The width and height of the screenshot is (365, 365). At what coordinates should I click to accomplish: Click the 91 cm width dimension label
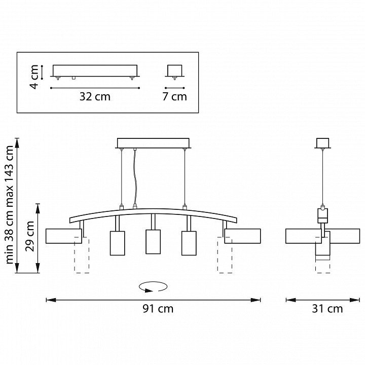(x=158, y=309)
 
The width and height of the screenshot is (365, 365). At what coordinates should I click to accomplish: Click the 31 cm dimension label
(x=327, y=309)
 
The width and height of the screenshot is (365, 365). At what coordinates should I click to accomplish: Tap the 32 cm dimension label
(x=95, y=97)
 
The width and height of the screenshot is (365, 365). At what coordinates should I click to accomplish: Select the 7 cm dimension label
(x=174, y=97)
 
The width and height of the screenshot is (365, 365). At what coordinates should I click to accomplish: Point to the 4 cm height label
(x=34, y=77)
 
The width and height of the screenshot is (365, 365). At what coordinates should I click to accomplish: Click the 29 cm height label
(x=30, y=236)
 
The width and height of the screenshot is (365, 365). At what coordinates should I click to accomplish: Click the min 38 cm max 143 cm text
(x=10, y=205)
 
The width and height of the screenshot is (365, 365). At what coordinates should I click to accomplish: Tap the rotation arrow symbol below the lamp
(x=153, y=286)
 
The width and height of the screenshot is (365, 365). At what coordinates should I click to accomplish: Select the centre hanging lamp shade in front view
(x=153, y=242)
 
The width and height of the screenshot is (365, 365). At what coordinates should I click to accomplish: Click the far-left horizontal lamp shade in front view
(x=64, y=236)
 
